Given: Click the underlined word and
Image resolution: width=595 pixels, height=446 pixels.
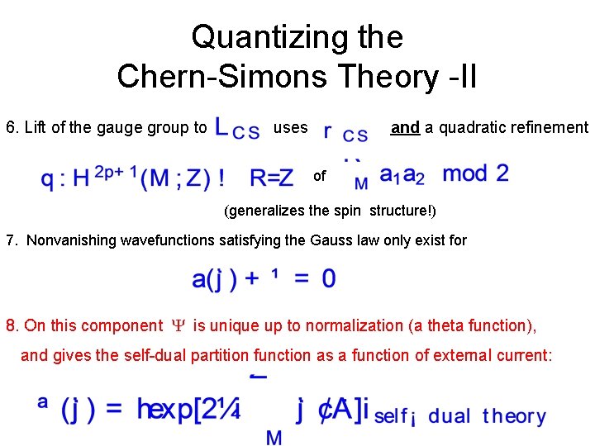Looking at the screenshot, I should [x=405, y=128].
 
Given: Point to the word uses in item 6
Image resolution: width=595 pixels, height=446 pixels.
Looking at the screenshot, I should [x=290, y=128].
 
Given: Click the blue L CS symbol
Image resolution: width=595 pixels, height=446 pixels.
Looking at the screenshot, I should [x=236, y=129].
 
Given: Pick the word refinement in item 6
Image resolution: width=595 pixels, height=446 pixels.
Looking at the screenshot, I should [x=549, y=128].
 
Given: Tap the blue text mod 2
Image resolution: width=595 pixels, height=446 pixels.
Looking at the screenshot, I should [x=475, y=174].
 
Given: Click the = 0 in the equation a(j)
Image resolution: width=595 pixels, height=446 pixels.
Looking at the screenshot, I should [x=317, y=279].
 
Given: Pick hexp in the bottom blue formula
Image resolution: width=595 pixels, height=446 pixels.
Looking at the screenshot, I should [x=169, y=410].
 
